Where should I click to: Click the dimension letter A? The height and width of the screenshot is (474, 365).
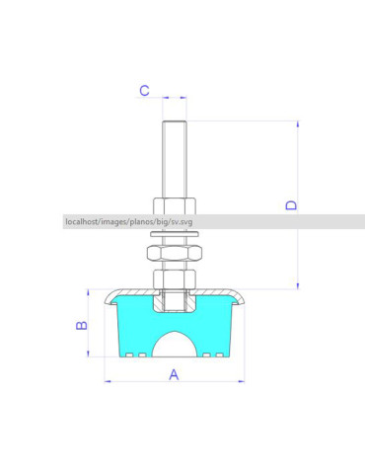pos(174,373)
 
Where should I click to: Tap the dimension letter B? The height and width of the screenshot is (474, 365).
pos(83,324)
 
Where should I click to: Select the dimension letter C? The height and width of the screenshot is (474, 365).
pos(144,90)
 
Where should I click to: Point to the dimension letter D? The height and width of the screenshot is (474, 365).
pos(291,204)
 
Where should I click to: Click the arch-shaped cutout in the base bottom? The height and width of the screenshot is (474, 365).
pos(175,346)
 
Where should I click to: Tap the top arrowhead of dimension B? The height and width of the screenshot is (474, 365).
pos(91,294)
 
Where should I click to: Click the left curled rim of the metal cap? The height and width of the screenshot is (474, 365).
pos(108,297)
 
